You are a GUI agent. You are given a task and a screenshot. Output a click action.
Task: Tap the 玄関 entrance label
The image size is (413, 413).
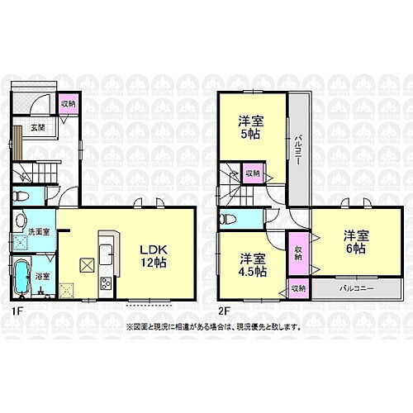tap(39, 126)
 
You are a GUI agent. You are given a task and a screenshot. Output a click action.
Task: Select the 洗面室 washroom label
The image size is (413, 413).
tap(37, 232)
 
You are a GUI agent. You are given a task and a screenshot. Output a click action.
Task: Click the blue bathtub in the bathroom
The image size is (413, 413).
tap(22, 277)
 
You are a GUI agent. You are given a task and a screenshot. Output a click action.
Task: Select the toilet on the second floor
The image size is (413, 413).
tap(229, 219)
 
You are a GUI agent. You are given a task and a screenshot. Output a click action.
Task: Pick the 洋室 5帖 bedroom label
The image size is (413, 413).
tap(252, 125)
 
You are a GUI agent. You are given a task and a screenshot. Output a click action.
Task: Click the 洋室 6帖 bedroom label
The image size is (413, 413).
tap(355, 242)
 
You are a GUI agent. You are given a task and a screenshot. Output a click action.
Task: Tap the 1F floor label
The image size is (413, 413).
tap(16, 313)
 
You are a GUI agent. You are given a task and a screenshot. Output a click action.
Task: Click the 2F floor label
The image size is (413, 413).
tap(224, 313)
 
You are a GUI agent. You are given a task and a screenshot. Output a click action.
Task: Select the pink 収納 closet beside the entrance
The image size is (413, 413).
tap(68, 103)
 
